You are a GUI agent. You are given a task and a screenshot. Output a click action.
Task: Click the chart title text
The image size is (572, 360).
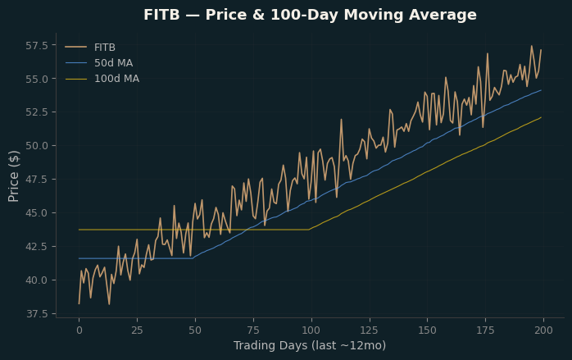310,15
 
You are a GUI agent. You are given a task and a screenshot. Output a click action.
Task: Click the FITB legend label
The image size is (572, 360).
105,48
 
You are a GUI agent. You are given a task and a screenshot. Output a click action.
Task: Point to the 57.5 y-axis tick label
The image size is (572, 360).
37,46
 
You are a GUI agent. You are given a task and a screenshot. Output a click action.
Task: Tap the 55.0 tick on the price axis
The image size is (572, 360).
37,79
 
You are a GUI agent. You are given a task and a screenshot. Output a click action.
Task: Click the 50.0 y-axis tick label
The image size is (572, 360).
37,146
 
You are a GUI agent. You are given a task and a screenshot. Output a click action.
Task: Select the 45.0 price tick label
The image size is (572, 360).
37,213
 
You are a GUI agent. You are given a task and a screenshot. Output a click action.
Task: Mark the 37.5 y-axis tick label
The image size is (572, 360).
37,313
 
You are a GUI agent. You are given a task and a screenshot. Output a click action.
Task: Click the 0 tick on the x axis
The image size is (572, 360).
79,330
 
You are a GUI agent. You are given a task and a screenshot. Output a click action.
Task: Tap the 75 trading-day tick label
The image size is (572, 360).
253,330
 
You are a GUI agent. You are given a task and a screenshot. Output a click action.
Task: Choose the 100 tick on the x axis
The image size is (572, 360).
311,330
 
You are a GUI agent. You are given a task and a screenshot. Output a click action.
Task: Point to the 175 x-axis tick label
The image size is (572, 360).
485,330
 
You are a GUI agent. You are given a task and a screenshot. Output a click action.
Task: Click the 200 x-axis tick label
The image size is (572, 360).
543,330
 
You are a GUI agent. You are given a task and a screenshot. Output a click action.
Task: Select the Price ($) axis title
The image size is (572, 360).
13,176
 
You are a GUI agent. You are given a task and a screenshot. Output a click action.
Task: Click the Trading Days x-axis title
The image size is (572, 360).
310,345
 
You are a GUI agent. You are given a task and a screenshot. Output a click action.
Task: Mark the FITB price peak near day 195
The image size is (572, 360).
532,46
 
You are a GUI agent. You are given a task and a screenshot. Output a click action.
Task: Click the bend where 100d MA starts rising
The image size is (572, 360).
309,230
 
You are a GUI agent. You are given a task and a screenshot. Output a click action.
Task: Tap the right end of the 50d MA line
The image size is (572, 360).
541,90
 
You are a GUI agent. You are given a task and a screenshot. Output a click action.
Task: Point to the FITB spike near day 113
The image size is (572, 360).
342,120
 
